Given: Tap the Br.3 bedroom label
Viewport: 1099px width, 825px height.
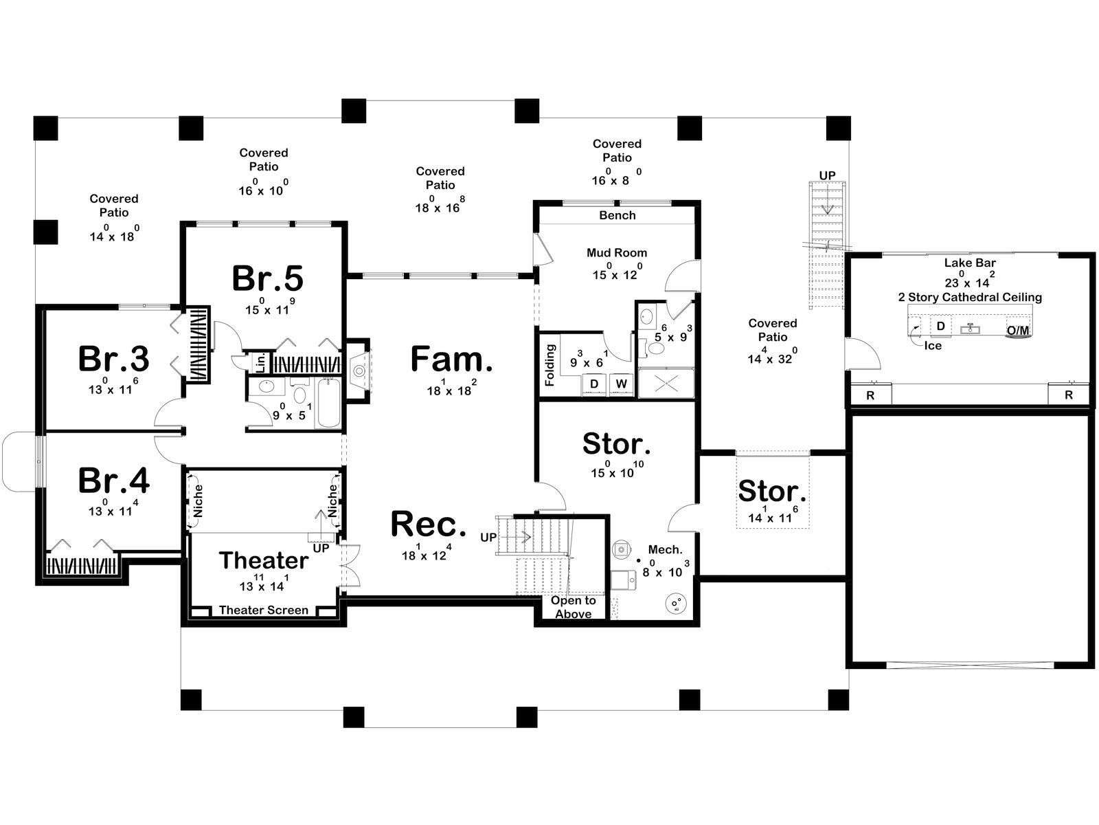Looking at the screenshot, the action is click(113, 359).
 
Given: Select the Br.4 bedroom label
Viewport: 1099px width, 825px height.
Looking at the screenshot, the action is click(113, 481).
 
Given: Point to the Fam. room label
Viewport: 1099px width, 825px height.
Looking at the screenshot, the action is click(451, 359).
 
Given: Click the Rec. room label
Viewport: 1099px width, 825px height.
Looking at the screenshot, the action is click(428, 524).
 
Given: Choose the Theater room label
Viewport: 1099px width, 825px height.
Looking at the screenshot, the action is click(263, 560).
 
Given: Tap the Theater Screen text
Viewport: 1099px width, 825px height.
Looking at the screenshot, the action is click(263, 610).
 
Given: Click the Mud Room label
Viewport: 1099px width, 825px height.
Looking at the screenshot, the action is click(617, 252).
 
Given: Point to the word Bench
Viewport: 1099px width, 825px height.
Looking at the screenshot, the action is click(618, 215).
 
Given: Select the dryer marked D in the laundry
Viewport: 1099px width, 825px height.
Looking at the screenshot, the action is click(594, 384).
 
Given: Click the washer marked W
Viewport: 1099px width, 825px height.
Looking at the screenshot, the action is click(622, 384).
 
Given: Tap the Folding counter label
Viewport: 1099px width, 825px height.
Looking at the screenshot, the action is click(549, 364).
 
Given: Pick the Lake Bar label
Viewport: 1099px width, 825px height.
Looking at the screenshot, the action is click(970, 263).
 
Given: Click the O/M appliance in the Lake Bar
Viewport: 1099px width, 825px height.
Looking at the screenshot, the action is click(1018, 330).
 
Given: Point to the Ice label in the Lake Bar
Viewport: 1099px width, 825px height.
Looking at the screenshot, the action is click(933, 346).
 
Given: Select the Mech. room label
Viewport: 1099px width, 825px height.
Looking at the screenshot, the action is click(665, 549).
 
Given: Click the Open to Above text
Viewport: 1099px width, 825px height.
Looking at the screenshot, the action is click(574, 607).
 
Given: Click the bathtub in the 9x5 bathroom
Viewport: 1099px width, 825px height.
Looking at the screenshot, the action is click(328, 404).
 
